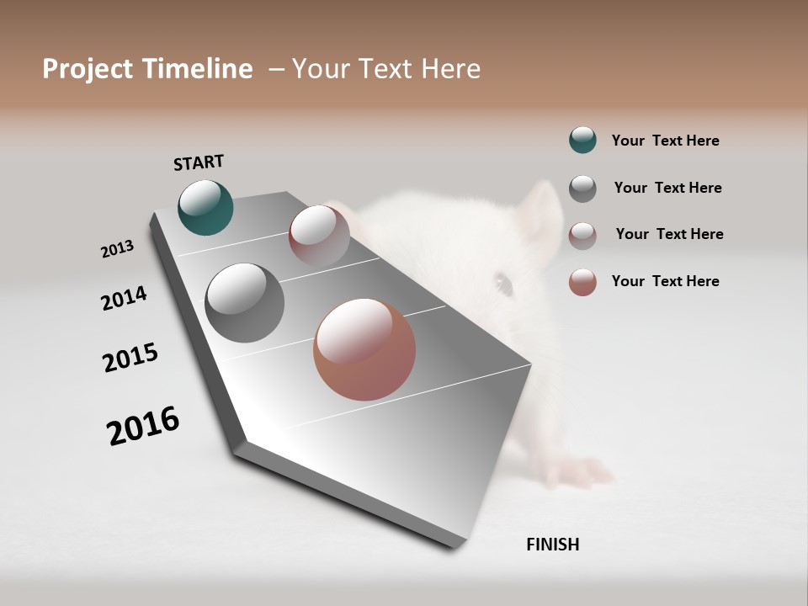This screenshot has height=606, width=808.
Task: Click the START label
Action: [199, 162]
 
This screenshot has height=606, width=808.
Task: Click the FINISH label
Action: [552, 545]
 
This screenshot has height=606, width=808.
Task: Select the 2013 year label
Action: [117, 249]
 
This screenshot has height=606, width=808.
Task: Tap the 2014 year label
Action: [124, 298]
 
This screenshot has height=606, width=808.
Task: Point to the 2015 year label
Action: [130, 358]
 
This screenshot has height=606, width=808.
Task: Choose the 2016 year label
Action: [143, 426]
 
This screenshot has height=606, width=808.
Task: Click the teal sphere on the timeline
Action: [205, 207]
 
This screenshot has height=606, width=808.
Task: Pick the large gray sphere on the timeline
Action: [244, 303]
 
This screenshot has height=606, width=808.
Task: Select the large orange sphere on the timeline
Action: [364, 349]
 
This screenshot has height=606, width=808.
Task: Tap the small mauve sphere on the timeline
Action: [319, 236]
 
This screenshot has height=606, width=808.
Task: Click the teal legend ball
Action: [582, 141]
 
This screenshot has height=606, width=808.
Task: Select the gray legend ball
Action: [582, 188]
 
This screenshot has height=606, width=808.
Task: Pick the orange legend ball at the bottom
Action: [582, 281]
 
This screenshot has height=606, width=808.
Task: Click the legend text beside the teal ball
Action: [665, 141]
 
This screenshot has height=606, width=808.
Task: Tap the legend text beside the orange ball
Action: [665, 281]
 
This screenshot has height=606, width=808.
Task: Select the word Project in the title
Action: [88, 69]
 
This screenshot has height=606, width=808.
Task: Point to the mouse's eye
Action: [504, 284]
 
